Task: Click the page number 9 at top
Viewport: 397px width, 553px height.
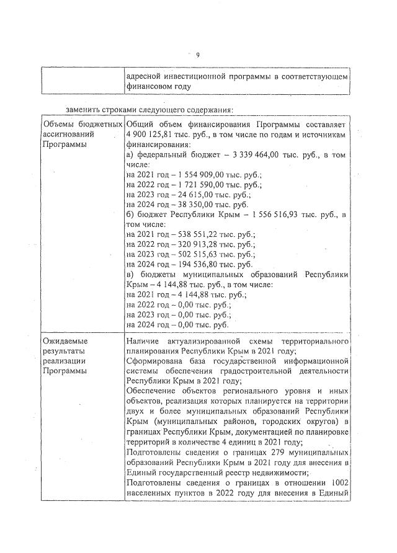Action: pyautogui.click(x=197, y=55)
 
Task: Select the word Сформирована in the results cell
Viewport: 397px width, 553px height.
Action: pyautogui.click(x=154, y=361)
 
